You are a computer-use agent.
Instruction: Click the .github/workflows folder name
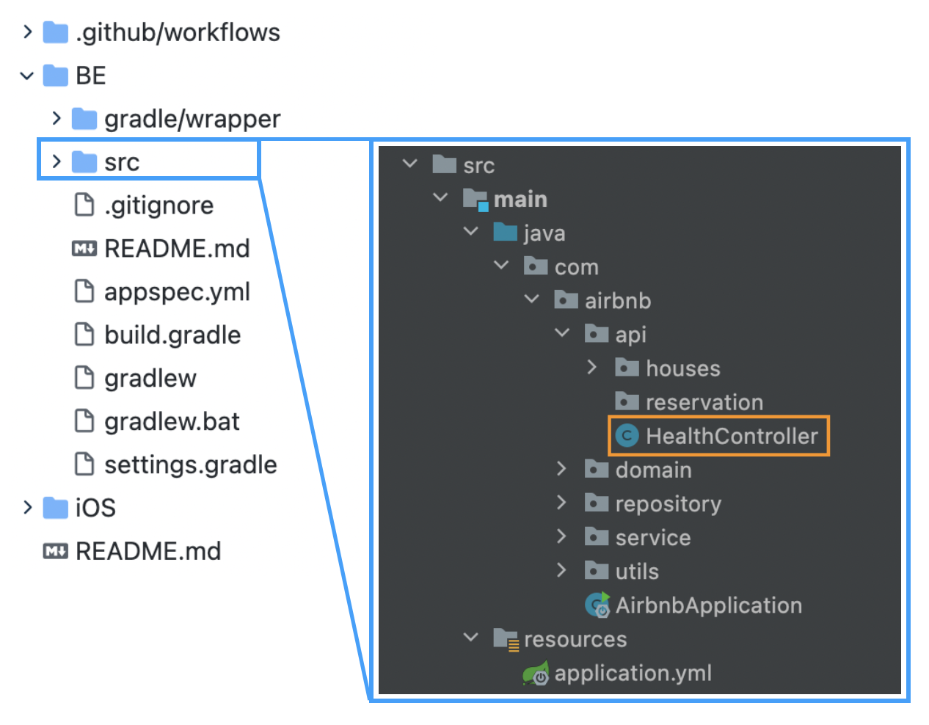tap(178, 32)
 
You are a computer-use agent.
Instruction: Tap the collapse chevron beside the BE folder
tap(27, 76)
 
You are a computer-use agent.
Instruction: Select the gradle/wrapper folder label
tap(192, 119)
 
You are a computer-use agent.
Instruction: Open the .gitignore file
tap(159, 205)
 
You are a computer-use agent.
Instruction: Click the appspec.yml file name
tap(177, 292)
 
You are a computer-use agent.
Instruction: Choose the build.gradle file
tap(172, 335)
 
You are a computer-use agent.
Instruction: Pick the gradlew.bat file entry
tap(172, 422)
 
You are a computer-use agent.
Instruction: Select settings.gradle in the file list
tap(190, 465)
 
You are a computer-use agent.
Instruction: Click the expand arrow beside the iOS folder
tap(27, 508)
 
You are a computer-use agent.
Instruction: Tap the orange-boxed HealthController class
tap(731, 437)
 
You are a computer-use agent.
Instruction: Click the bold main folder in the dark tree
tap(520, 200)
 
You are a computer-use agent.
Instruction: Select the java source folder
tap(544, 233)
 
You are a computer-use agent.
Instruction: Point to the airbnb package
tap(617, 301)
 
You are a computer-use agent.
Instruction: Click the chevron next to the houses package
tap(592, 368)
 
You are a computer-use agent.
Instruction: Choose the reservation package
tap(704, 402)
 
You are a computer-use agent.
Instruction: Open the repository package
tap(668, 504)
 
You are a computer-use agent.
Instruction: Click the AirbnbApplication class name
tap(708, 605)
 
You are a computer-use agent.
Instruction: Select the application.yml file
tap(633, 673)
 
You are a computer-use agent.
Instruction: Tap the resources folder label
tap(575, 639)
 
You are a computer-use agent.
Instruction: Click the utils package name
tap(636, 572)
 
